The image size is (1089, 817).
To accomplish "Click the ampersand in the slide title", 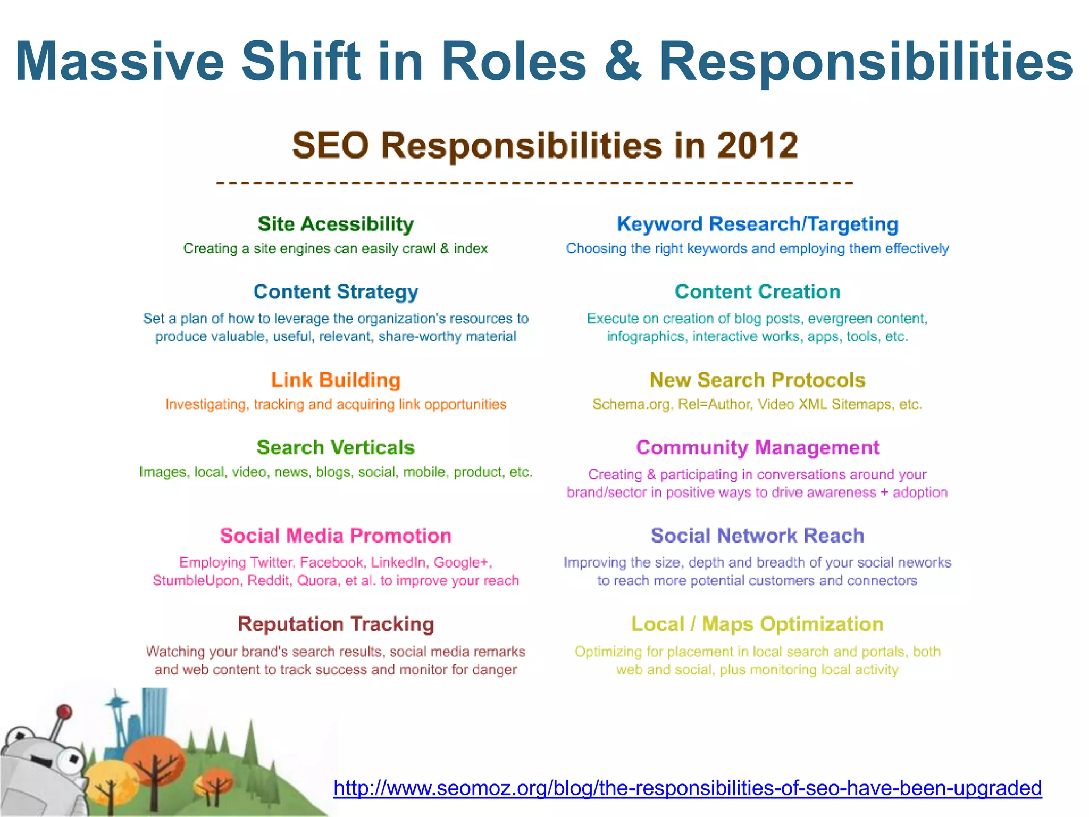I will pos(623,62).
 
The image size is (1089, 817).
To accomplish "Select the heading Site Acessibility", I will pos(336,224).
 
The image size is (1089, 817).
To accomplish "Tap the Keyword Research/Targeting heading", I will pos(757,224).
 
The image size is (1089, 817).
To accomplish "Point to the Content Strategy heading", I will pos(336,291).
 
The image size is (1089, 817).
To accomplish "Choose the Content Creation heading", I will pos(757,291).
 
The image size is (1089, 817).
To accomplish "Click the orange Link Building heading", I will pos(336,380).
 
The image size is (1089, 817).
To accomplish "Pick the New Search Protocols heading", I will pos(757,380).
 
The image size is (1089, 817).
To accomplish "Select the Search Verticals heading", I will pos(336,447).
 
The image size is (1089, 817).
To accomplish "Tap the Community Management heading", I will pos(757,447).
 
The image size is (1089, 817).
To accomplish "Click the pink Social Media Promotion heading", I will pos(336,536).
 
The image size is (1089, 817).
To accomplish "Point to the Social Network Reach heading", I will pos(757,536).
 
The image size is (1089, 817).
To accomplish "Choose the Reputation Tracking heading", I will pos(336,624).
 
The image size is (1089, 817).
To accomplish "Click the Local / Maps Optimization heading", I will pos(757,624).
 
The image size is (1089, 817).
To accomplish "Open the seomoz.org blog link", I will pos(687,788).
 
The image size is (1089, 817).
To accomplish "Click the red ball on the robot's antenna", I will pos(64,711).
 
